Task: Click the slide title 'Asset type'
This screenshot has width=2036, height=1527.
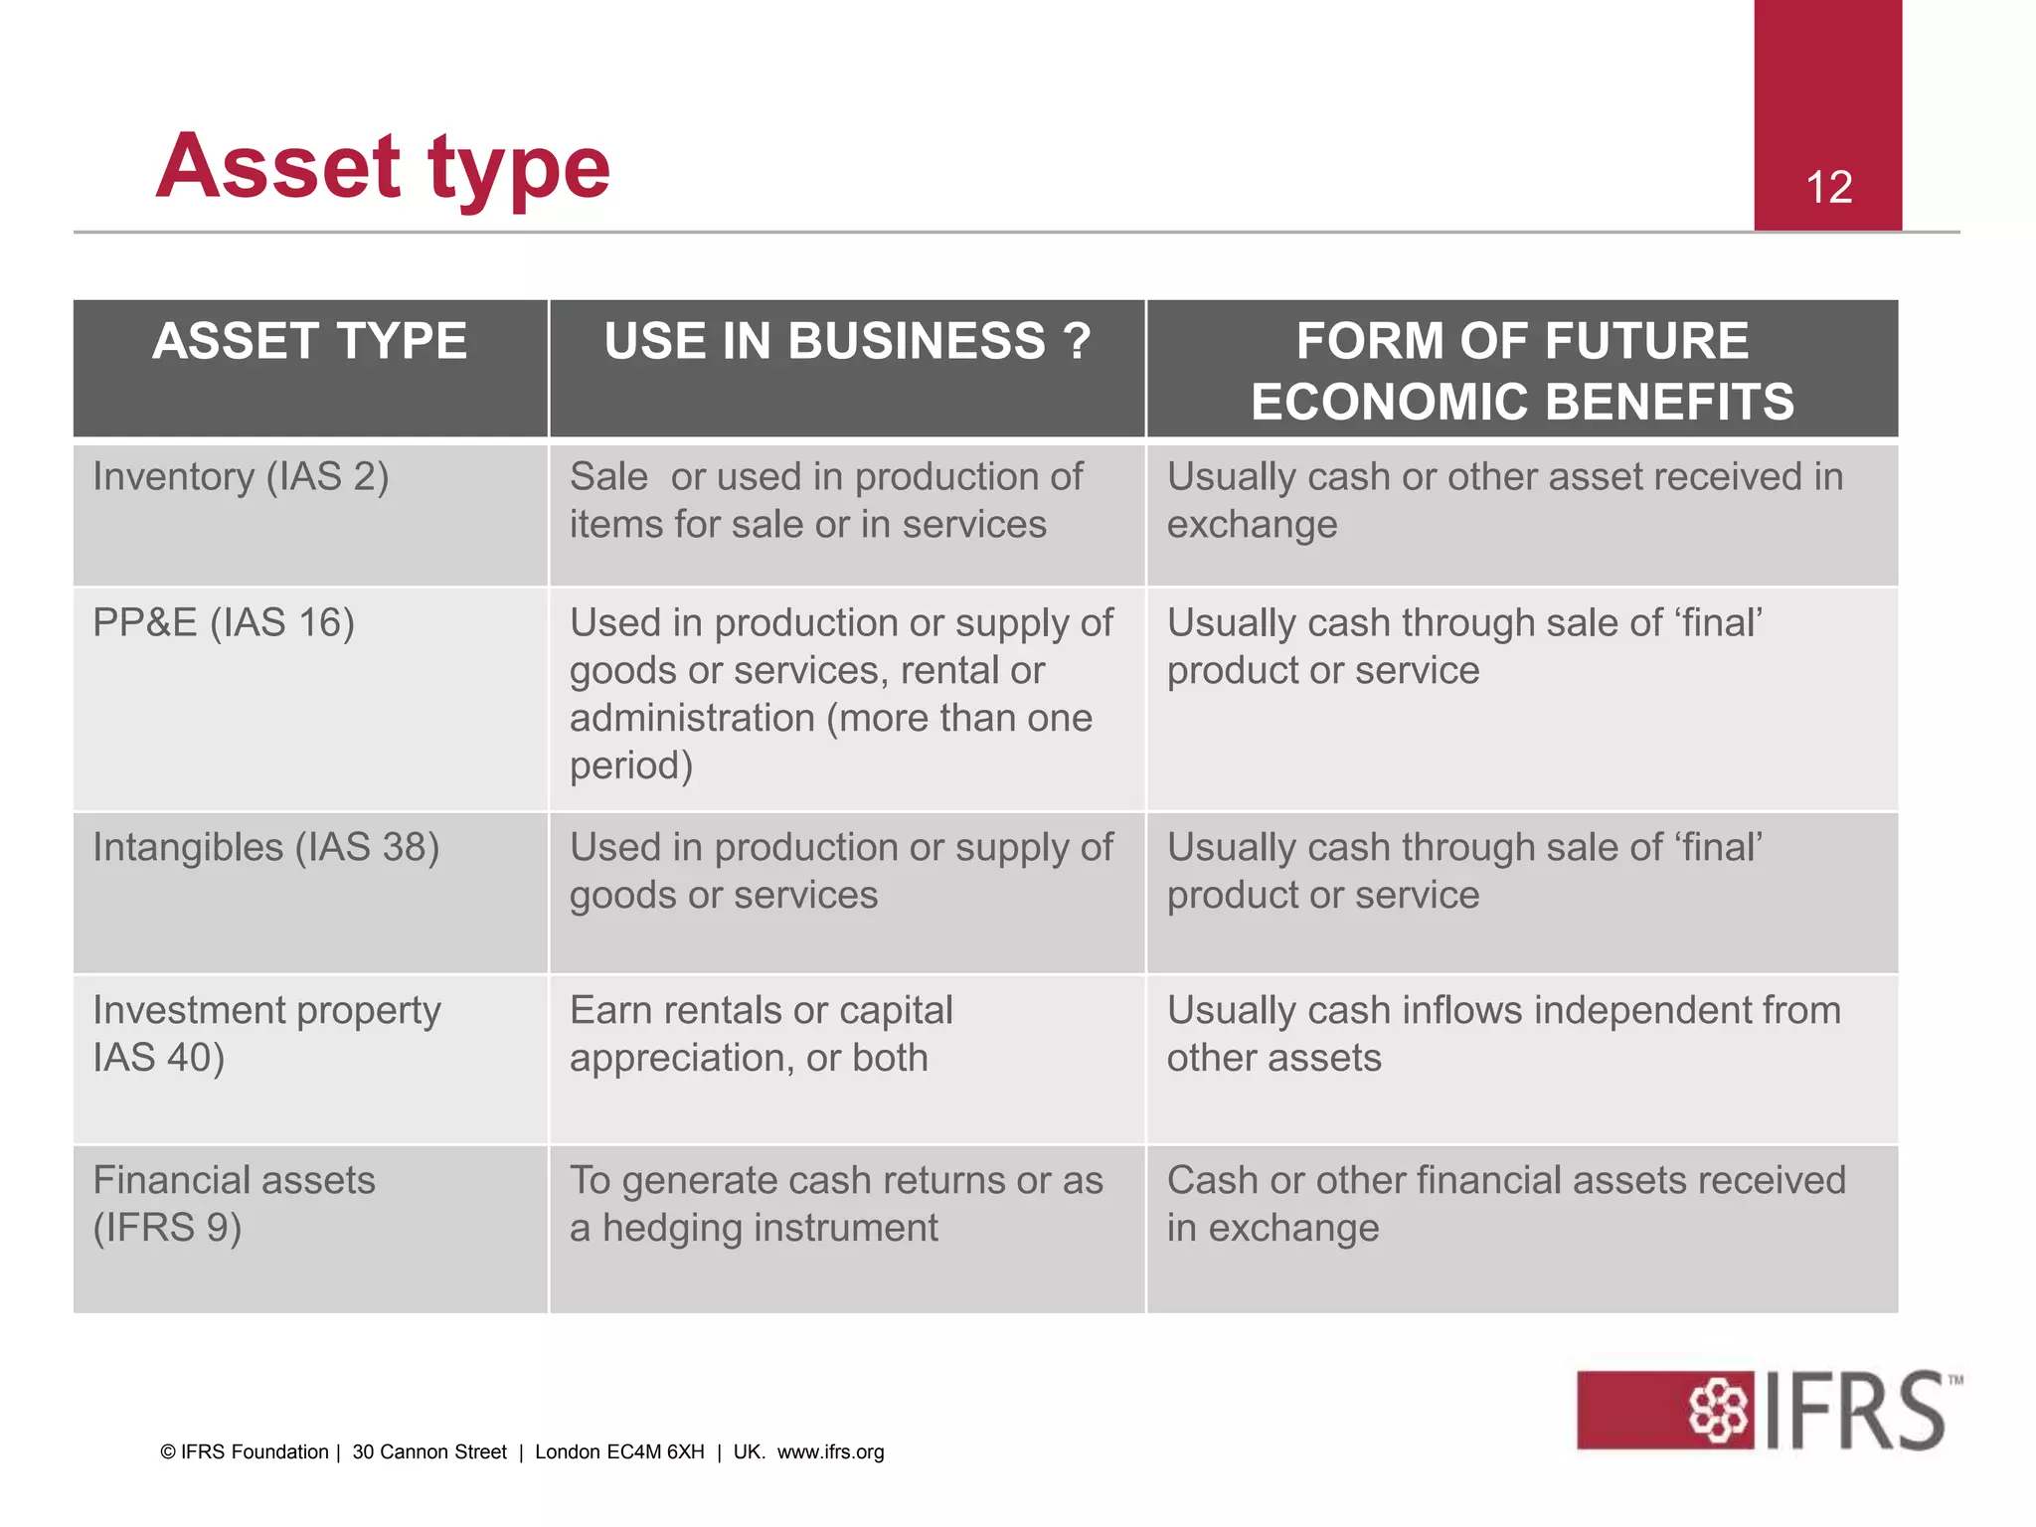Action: click(383, 167)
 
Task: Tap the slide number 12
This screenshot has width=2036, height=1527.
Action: click(1828, 188)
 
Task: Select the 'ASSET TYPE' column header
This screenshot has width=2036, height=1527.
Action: click(310, 341)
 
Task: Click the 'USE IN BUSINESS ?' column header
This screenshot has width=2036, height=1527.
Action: click(847, 341)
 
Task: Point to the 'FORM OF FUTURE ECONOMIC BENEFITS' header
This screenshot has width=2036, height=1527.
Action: click(1522, 371)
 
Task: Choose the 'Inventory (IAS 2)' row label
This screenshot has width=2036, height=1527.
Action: click(241, 477)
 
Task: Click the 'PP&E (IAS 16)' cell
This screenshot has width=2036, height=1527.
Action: click(224, 623)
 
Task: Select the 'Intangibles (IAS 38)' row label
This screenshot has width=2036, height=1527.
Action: click(266, 848)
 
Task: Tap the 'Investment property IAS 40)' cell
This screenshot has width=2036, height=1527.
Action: click(266, 1034)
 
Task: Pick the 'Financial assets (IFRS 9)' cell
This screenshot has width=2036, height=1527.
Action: click(235, 1204)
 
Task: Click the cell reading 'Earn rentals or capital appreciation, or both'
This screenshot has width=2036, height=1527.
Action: click(762, 1034)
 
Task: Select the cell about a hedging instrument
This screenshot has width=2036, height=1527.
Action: click(836, 1204)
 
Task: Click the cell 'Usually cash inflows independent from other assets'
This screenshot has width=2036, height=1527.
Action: click(1503, 1034)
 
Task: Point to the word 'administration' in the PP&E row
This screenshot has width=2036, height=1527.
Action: click(692, 719)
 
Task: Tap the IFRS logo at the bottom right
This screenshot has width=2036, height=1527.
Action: click(1769, 1410)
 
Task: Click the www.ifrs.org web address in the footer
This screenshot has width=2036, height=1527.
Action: click(830, 1452)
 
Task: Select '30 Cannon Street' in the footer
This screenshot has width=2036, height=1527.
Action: click(429, 1452)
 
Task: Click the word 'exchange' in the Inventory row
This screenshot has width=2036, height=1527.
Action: click(1252, 525)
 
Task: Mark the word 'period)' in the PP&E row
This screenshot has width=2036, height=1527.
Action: click(631, 766)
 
